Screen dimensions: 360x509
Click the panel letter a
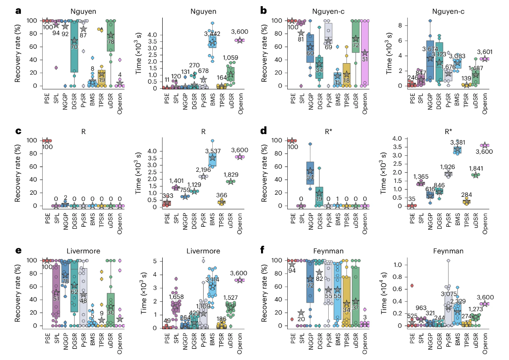point(18,11)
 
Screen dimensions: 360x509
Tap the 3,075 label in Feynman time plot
point(448,294)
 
